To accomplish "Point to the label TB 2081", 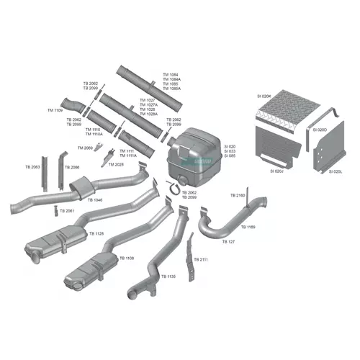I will pyautogui.click(x=66, y=211).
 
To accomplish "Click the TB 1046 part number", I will pyautogui.click(x=95, y=199).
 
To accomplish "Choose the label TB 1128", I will pyautogui.click(x=96, y=234).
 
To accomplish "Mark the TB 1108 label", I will pyautogui.click(x=127, y=258).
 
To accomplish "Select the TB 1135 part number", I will pyautogui.click(x=168, y=276).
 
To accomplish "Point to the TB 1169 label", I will pyautogui.click(x=247, y=228).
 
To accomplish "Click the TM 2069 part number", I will pyautogui.click(x=84, y=148).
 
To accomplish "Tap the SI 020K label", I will pyautogui.click(x=264, y=96).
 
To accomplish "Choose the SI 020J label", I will pyautogui.click(x=277, y=171).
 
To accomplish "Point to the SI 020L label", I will pyautogui.click(x=335, y=171).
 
